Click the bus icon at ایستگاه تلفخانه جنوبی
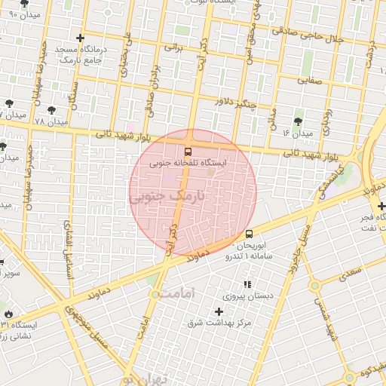(x=188, y=151)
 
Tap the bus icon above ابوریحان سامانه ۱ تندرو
(x=249, y=234)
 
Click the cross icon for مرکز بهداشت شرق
(x=219, y=311)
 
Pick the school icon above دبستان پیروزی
(x=246, y=284)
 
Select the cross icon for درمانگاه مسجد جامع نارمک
(x=81, y=37)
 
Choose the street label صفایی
(x=309, y=78)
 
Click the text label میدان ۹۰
(x=23, y=14)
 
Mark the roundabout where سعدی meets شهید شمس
(x=314, y=285)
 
